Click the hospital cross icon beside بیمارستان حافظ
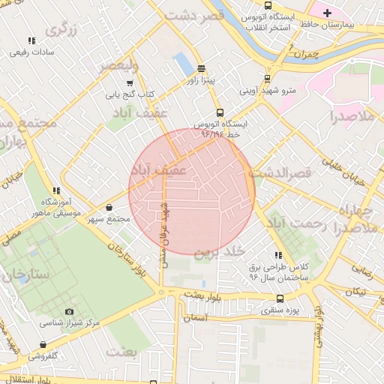(327, 13)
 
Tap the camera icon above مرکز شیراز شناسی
(70, 311)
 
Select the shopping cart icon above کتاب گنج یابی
(130, 82)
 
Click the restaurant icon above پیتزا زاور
(202, 67)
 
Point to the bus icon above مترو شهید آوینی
(267, 79)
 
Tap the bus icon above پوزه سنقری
(280, 298)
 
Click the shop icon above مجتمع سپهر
(109, 208)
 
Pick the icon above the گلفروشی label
(43, 345)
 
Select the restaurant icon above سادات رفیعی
(31, 40)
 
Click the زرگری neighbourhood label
(61, 29)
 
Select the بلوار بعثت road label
(205, 295)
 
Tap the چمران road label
(307, 54)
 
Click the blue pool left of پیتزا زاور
(182, 64)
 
